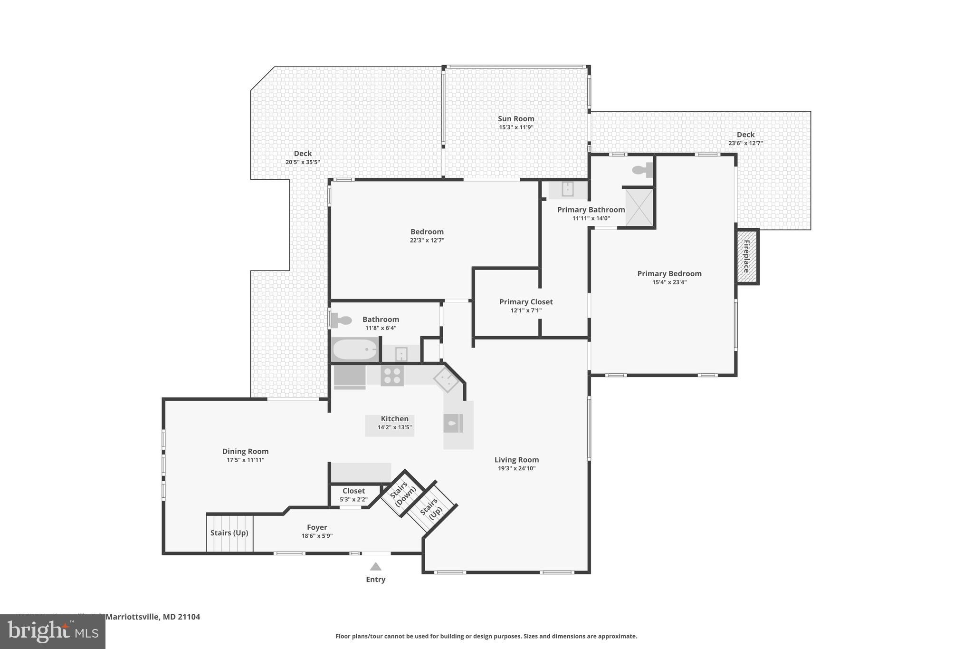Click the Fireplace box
pos(747,256)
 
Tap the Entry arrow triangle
pos(376,566)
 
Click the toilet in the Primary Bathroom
pos(642,170)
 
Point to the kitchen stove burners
pos(392,375)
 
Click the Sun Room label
pos(516,119)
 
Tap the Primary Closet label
pos(526,302)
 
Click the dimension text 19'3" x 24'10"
pos(516,468)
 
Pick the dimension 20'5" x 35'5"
pos(303,162)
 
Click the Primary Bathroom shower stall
pos(639,207)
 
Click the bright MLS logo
pos(53,631)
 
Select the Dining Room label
pos(245,451)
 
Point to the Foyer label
pos(317,527)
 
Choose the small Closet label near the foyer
pos(353,491)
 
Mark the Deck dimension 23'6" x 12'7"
pos(745,143)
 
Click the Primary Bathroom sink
pos(568,189)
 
